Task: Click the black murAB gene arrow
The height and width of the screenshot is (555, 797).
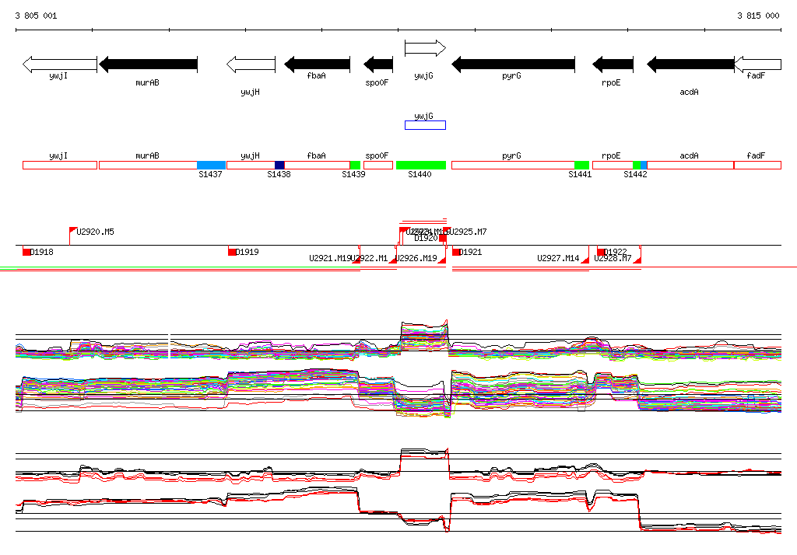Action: click(x=148, y=64)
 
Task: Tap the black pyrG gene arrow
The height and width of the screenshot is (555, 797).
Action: click(x=514, y=64)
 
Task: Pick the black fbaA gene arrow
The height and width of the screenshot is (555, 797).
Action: click(x=317, y=64)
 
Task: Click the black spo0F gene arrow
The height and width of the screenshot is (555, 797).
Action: click(x=378, y=64)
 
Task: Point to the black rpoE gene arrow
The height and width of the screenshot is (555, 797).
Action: click(x=613, y=64)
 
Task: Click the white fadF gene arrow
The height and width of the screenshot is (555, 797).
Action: click(x=757, y=64)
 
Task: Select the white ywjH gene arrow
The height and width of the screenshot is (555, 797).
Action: click(x=251, y=64)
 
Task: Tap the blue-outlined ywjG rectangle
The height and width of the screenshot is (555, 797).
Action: click(x=425, y=125)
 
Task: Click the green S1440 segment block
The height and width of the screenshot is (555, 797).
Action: click(x=421, y=165)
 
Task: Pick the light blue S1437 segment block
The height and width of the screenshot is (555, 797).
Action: click(x=211, y=165)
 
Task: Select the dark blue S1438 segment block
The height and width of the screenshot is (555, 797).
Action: click(x=279, y=165)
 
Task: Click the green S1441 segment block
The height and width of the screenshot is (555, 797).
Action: click(x=581, y=165)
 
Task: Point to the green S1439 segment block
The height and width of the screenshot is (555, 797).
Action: click(x=355, y=165)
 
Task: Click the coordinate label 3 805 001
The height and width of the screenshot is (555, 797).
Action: click(x=36, y=16)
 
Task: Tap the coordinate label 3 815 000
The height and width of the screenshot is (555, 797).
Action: click(x=758, y=16)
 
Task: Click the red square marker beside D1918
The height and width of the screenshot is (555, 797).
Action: click(x=26, y=252)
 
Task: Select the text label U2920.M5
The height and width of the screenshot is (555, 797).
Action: click(x=95, y=232)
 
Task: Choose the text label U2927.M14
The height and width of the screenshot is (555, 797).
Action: click(x=558, y=258)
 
